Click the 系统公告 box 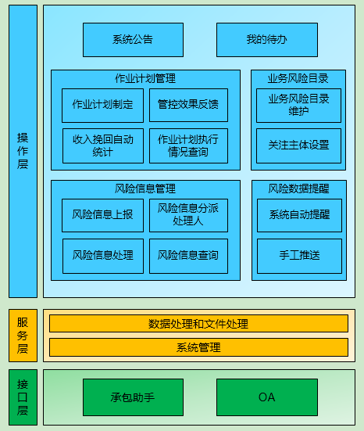click(133, 40)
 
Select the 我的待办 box click(266, 40)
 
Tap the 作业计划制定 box click(102, 105)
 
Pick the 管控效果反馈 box click(188, 105)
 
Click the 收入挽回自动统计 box click(102, 145)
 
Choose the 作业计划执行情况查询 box click(188, 145)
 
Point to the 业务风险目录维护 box click(298, 105)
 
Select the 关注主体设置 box click(298, 145)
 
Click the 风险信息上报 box click(102, 214)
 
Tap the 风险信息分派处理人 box click(188, 214)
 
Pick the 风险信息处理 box click(102, 255)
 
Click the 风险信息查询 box click(188, 255)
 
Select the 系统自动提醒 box click(299, 215)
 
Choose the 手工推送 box click(299, 255)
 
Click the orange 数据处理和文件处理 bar click(198, 324)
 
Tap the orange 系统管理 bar click(198, 347)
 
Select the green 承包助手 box click(133, 397)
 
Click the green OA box click(266, 397)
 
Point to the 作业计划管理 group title click(145, 78)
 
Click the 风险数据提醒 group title click(298, 189)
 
